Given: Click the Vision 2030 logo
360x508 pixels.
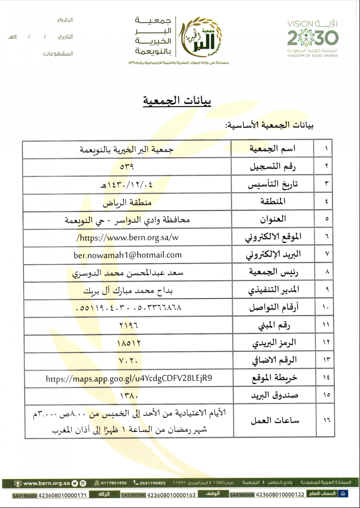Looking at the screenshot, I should (313, 38).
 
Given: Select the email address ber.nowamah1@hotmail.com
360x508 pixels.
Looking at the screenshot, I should (127, 255).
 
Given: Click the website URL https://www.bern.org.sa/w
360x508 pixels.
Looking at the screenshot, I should (127, 238).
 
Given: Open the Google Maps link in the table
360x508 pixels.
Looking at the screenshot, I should (129, 378).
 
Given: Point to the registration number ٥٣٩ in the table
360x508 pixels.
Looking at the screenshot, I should (127, 166).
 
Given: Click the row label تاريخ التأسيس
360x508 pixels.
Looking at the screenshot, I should (273, 184).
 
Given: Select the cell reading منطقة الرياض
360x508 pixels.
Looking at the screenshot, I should (127, 203).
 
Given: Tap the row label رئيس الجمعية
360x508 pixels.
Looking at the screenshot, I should (273, 272).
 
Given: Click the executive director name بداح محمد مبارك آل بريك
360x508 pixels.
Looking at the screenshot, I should (128, 291).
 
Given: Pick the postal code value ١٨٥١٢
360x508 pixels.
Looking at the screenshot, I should (129, 343).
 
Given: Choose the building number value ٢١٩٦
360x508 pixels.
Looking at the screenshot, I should (129, 325).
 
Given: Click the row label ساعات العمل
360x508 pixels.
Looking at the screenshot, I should (275, 420).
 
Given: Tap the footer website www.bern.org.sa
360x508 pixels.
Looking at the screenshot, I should (46, 483).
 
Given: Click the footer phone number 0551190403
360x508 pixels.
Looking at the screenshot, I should (152, 483).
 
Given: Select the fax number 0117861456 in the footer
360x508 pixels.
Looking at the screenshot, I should (114, 483).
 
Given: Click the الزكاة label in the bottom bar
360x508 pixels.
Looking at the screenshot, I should (104, 494).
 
